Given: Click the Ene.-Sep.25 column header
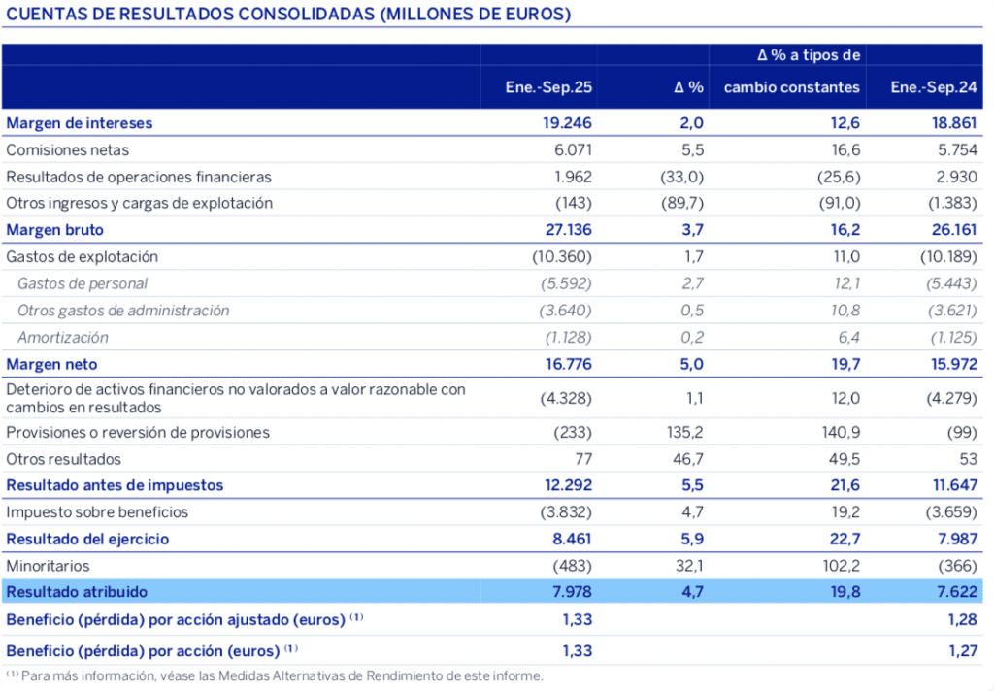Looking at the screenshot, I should (548, 87).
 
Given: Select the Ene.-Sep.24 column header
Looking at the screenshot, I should (934, 87).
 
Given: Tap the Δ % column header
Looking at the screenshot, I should (688, 87).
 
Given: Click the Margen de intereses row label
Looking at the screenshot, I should (80, 123).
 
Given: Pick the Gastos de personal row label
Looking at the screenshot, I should (83, 284).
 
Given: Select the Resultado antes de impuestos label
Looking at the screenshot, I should (115, 485).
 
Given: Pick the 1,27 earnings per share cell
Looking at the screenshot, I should (961, 649).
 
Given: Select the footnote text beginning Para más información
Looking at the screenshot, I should (282, 676).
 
